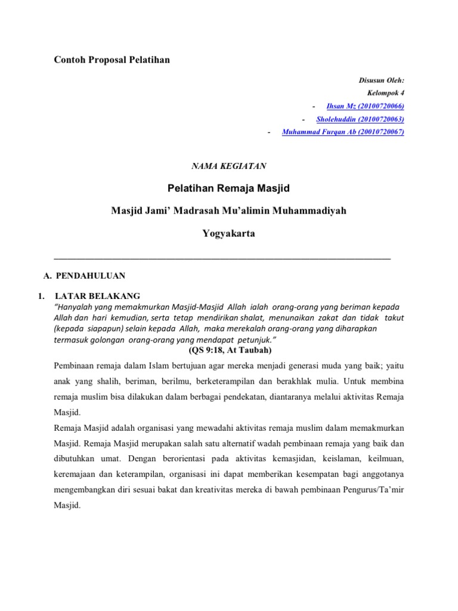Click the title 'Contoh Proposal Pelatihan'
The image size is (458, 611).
(x=112, y=60)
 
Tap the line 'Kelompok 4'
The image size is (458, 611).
(x=385, y=93)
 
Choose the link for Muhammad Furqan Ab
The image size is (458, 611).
(x=343, y=132)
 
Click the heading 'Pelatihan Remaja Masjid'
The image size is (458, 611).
(x=228, y=189)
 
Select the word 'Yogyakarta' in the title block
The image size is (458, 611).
(x=228, y=233)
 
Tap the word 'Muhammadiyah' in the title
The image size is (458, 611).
(x=309, y=211)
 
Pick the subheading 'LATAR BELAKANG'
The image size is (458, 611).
(x=97, y=295)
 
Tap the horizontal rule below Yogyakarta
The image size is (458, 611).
(x=222, y=258)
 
